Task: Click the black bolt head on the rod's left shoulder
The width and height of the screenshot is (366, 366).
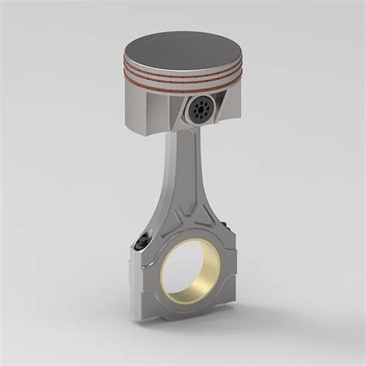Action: (141, 244)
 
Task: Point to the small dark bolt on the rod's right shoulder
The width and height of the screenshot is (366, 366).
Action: (225, 224)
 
